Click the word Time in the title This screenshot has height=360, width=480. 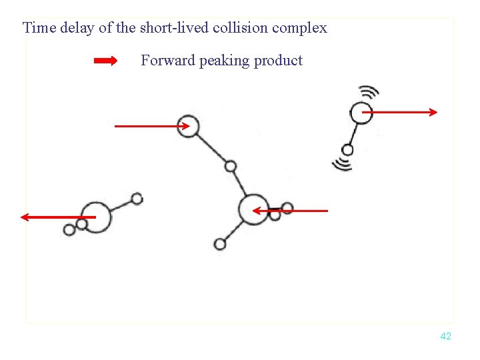pos(37,28)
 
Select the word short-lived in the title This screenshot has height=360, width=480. pos(173,28)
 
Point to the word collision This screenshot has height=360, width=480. pos(241,28)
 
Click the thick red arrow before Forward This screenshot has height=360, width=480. pos(106,61)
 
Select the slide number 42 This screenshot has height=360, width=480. pos(446,337)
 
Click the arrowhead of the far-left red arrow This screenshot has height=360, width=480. pos(24,217)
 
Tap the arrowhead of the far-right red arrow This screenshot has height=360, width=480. pos(433,112)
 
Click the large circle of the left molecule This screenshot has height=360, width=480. pos(97,217)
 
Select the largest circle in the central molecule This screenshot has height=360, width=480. pos(253,209)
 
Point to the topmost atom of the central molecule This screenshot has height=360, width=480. pos(189,126)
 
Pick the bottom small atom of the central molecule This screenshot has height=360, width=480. pos(220,244)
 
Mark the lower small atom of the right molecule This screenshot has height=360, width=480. pos(347,150)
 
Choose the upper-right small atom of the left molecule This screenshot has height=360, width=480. pos(137,199)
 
